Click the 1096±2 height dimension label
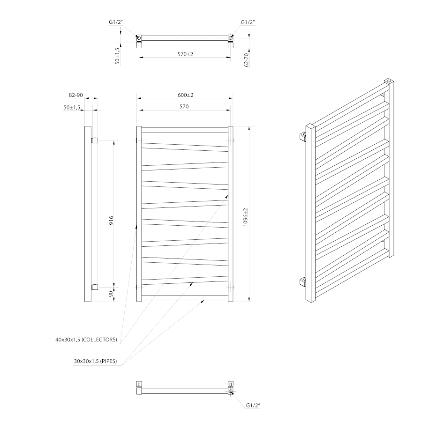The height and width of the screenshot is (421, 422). (246, 218)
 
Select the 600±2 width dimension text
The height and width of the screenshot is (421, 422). (186, 95)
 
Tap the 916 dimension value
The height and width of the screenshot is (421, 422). (111, 221)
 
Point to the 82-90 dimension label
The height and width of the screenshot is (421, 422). (75, 95)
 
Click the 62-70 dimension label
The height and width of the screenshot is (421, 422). (246, 60)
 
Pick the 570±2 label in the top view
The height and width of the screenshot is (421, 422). (186, 54)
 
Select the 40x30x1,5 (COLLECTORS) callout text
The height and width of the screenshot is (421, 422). (86, 340)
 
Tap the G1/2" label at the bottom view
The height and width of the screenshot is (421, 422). (253, 406)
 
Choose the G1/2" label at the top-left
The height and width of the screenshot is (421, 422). (114, 22)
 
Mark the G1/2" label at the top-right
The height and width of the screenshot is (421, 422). (248, 22)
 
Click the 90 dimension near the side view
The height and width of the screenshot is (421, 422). (111, 294)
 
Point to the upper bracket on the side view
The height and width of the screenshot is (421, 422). (94, 140)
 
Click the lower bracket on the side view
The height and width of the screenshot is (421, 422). (94, 287)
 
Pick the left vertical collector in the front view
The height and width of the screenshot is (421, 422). (139, 214)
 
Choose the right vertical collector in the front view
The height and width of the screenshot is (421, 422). (230, 214)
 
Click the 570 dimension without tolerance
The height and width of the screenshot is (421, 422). (184, 107)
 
